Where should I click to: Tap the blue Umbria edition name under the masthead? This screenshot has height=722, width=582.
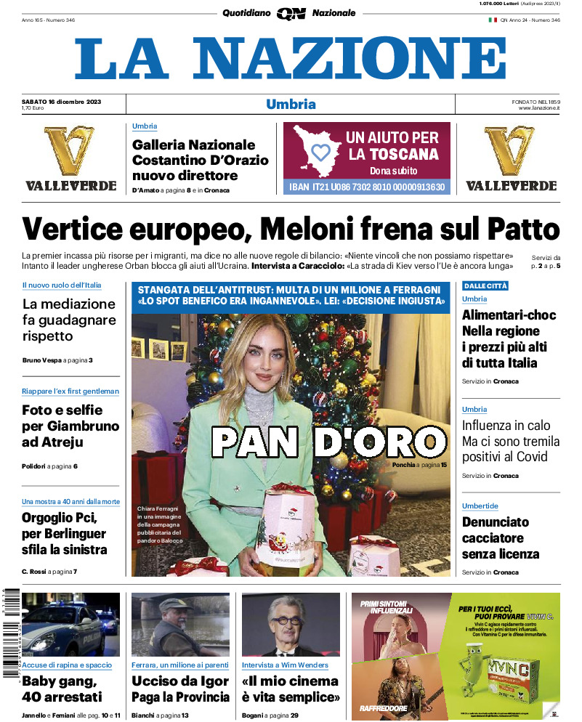coord(291,104)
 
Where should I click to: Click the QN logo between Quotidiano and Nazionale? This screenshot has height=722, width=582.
coord(291,13)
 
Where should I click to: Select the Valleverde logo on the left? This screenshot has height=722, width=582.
coord(70,158)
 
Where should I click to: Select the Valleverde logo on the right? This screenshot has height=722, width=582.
coord(511,158)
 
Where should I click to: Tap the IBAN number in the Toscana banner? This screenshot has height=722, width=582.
coord(366,187)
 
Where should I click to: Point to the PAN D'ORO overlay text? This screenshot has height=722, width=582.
coord(328,441)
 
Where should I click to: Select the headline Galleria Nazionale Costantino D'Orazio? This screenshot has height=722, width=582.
coord(200,160)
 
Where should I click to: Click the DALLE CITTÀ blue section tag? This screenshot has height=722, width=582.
coord(485,285)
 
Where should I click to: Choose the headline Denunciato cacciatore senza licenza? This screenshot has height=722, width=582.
coord(501,538)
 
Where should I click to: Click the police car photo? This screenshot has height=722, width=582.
coord(70,625)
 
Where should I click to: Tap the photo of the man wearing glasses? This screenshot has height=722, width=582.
coord(291,625)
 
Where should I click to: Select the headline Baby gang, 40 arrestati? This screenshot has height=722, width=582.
coord(62,689)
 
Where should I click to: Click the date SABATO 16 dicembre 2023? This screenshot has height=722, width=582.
coord(61,101)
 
